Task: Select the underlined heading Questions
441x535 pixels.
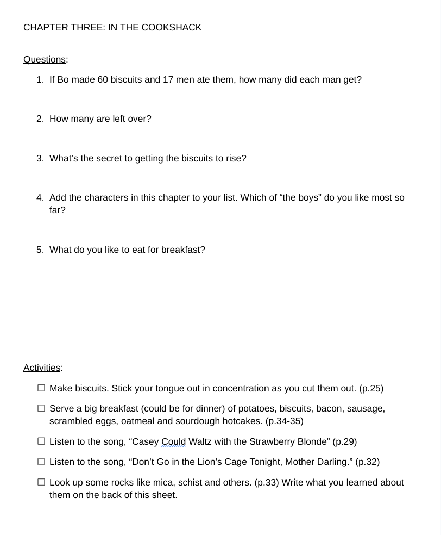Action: tap(45, 59)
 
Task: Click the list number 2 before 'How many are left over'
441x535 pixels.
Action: tap(40, 119)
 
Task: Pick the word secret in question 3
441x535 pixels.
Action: tap(110, 158)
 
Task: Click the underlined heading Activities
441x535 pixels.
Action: tap(42, 368)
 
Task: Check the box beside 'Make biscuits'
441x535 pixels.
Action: tap(41, 388)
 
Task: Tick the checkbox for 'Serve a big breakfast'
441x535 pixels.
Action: tap(41, 408)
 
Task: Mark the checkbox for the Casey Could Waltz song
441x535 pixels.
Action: tap(41, 441)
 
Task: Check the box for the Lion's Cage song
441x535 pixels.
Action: tap(41, 462)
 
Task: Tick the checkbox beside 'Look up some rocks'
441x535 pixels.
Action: tap(41, 482)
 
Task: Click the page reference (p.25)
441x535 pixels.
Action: tap(371, 388)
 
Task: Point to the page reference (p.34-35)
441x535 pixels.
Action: tap(284, 421)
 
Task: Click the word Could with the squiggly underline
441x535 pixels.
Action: tap(173, 441)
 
